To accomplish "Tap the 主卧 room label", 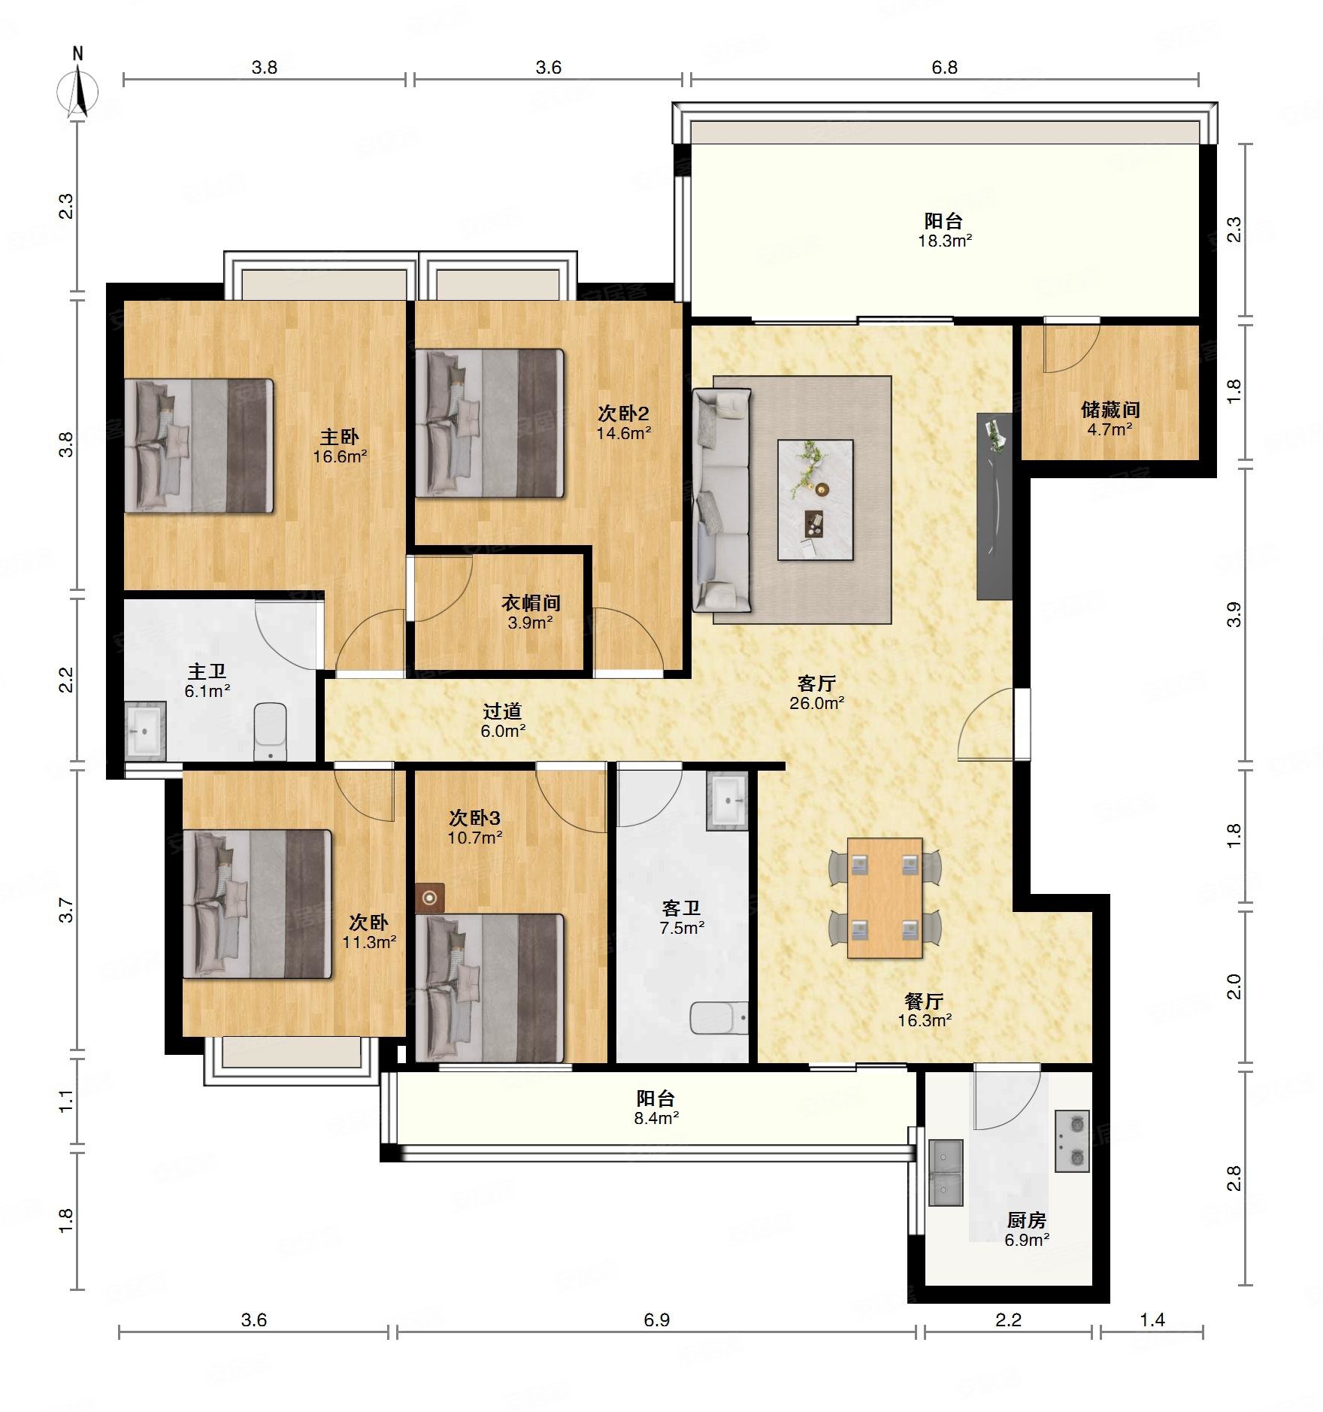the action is coord(340,437).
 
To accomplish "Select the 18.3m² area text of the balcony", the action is coord(945,241).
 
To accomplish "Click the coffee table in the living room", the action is coord(815,500).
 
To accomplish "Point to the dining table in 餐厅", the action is coord(885,898).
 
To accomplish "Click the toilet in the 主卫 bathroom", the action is coord(270,732).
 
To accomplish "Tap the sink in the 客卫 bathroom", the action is coord(728,801).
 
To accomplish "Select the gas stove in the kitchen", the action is coord(1072,1141).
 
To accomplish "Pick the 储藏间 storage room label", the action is coord(1110,410).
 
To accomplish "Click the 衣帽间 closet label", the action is coord(531,603).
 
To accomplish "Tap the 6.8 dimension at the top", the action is coord(944,68).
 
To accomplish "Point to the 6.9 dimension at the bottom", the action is coord(656,1320).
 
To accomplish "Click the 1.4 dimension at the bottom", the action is coord(1152,1320).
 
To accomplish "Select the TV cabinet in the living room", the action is coord(995,506).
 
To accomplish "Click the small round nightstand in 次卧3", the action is coord(429,898).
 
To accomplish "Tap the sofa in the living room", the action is coord(722,500).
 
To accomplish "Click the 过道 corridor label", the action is coord(502,711).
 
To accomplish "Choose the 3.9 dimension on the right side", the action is coord(1233,615).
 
